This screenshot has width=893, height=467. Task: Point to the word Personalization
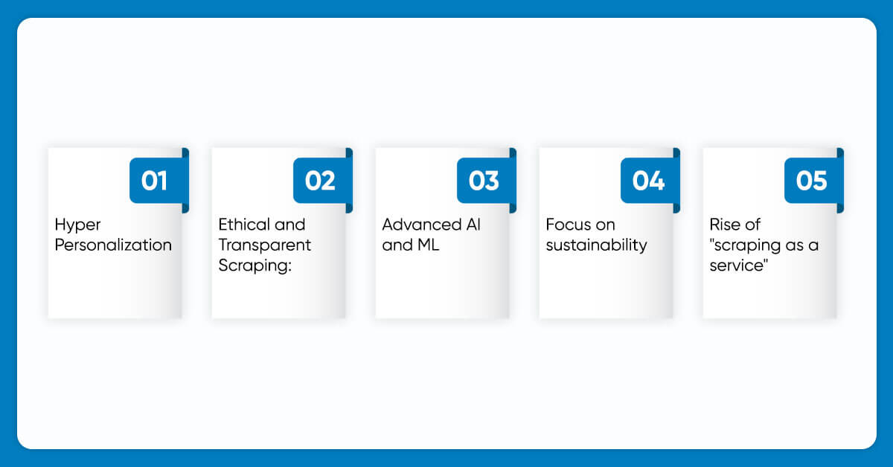pyautogui.click(x=113, y=245)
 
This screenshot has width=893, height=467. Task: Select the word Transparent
pyautogui.click(x=265, y=245)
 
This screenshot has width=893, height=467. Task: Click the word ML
pyautogui.click(x=428, y=245)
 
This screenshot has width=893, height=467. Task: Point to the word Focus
pyautogui.click(x=568, y=225)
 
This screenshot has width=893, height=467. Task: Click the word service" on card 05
pyautogui.click(x=739, y=265)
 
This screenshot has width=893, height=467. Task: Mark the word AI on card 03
pyautogui.click(x=473, y=225)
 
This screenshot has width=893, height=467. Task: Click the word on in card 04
pyautogui.click(x=606, y=225)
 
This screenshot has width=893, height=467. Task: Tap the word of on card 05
pyautogui.click(x=752, y=225)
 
